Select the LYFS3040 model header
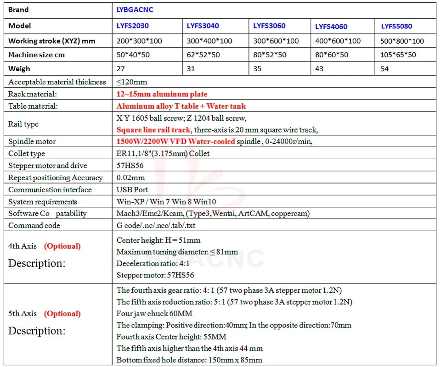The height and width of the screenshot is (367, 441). [203, 26]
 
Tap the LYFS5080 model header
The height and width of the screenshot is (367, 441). [396, 26]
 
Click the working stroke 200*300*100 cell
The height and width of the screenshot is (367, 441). [139, 41]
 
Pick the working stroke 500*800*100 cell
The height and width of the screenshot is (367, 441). [402, 41]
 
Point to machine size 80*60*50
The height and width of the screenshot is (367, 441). [332, 55]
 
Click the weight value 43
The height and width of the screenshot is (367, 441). [319, 68]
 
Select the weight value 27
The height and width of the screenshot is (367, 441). [121, 68]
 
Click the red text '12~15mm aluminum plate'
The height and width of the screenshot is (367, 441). [162, 94]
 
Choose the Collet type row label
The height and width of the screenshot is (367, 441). [27, 153]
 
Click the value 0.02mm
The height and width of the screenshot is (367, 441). [130, 178]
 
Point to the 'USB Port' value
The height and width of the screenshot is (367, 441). [132, 189]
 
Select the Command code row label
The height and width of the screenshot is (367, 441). [34, 225]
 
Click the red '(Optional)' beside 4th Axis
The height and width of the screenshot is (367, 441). [62, 246]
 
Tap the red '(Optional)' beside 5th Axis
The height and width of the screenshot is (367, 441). [62, 313]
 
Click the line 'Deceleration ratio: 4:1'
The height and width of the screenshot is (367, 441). [153, 263]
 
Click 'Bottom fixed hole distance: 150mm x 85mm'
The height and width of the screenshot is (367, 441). [189, 360]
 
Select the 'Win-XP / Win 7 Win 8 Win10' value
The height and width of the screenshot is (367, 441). [166, 201]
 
